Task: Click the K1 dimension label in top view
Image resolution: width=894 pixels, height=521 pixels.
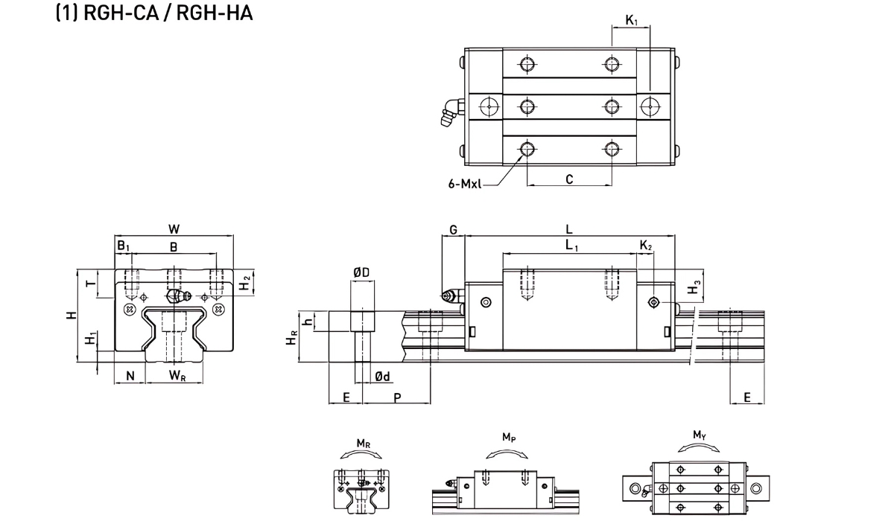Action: (x=631, y=21)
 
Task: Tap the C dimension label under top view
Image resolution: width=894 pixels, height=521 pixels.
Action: (x=569, y=179)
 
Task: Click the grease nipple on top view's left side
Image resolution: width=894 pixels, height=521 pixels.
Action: (x=450, y=113)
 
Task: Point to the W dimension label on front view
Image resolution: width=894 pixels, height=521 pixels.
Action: (x=174, y=228)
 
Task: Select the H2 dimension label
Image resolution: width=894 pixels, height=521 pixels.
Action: (x=244, y=284)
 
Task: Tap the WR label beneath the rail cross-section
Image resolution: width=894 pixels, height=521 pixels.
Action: (x=177, y=376)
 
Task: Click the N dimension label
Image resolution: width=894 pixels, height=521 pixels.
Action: (x=130, y=376)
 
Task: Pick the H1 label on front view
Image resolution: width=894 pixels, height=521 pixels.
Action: (x=90, y=339)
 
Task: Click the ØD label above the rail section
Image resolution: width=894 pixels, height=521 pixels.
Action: (x=361, y=274)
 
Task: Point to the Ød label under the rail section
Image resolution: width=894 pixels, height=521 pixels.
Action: (x=382, y=377)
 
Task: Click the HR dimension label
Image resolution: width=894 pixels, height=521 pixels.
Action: (x=293, y=338)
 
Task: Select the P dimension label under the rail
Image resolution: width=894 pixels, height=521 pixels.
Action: (x=397, y=397)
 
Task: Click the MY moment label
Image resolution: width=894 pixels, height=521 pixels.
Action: (x=699, y=435)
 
